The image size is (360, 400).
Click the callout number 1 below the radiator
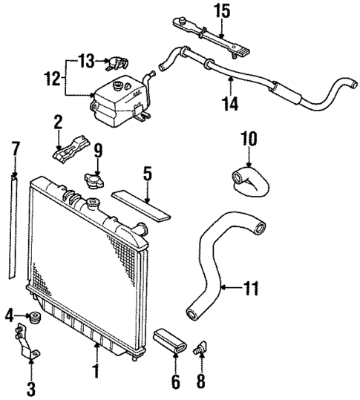[95, 369]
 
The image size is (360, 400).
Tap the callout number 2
[58, 121]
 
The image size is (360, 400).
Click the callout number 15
[223, 12]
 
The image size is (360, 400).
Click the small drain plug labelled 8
[198, 347]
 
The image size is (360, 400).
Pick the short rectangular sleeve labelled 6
[171, 343]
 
